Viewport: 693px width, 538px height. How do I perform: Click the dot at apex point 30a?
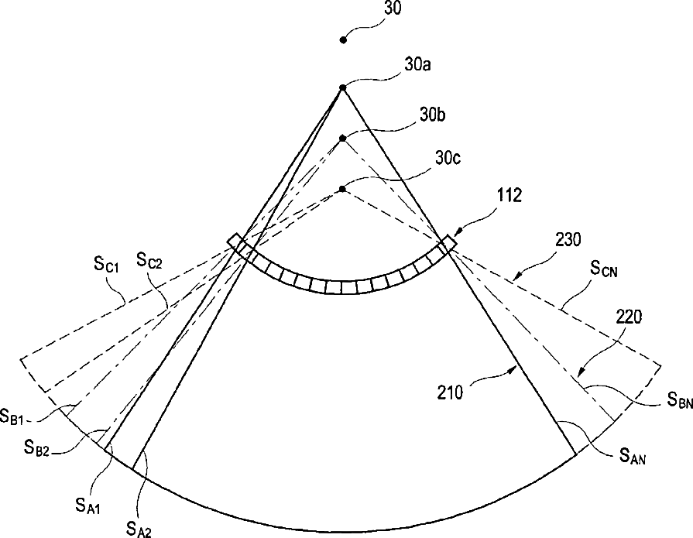point(342,89)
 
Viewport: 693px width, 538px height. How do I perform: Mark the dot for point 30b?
point(342,139)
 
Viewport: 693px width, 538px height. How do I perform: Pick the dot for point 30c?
point(342,188)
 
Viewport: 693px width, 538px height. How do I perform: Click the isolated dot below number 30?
point(343,39)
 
